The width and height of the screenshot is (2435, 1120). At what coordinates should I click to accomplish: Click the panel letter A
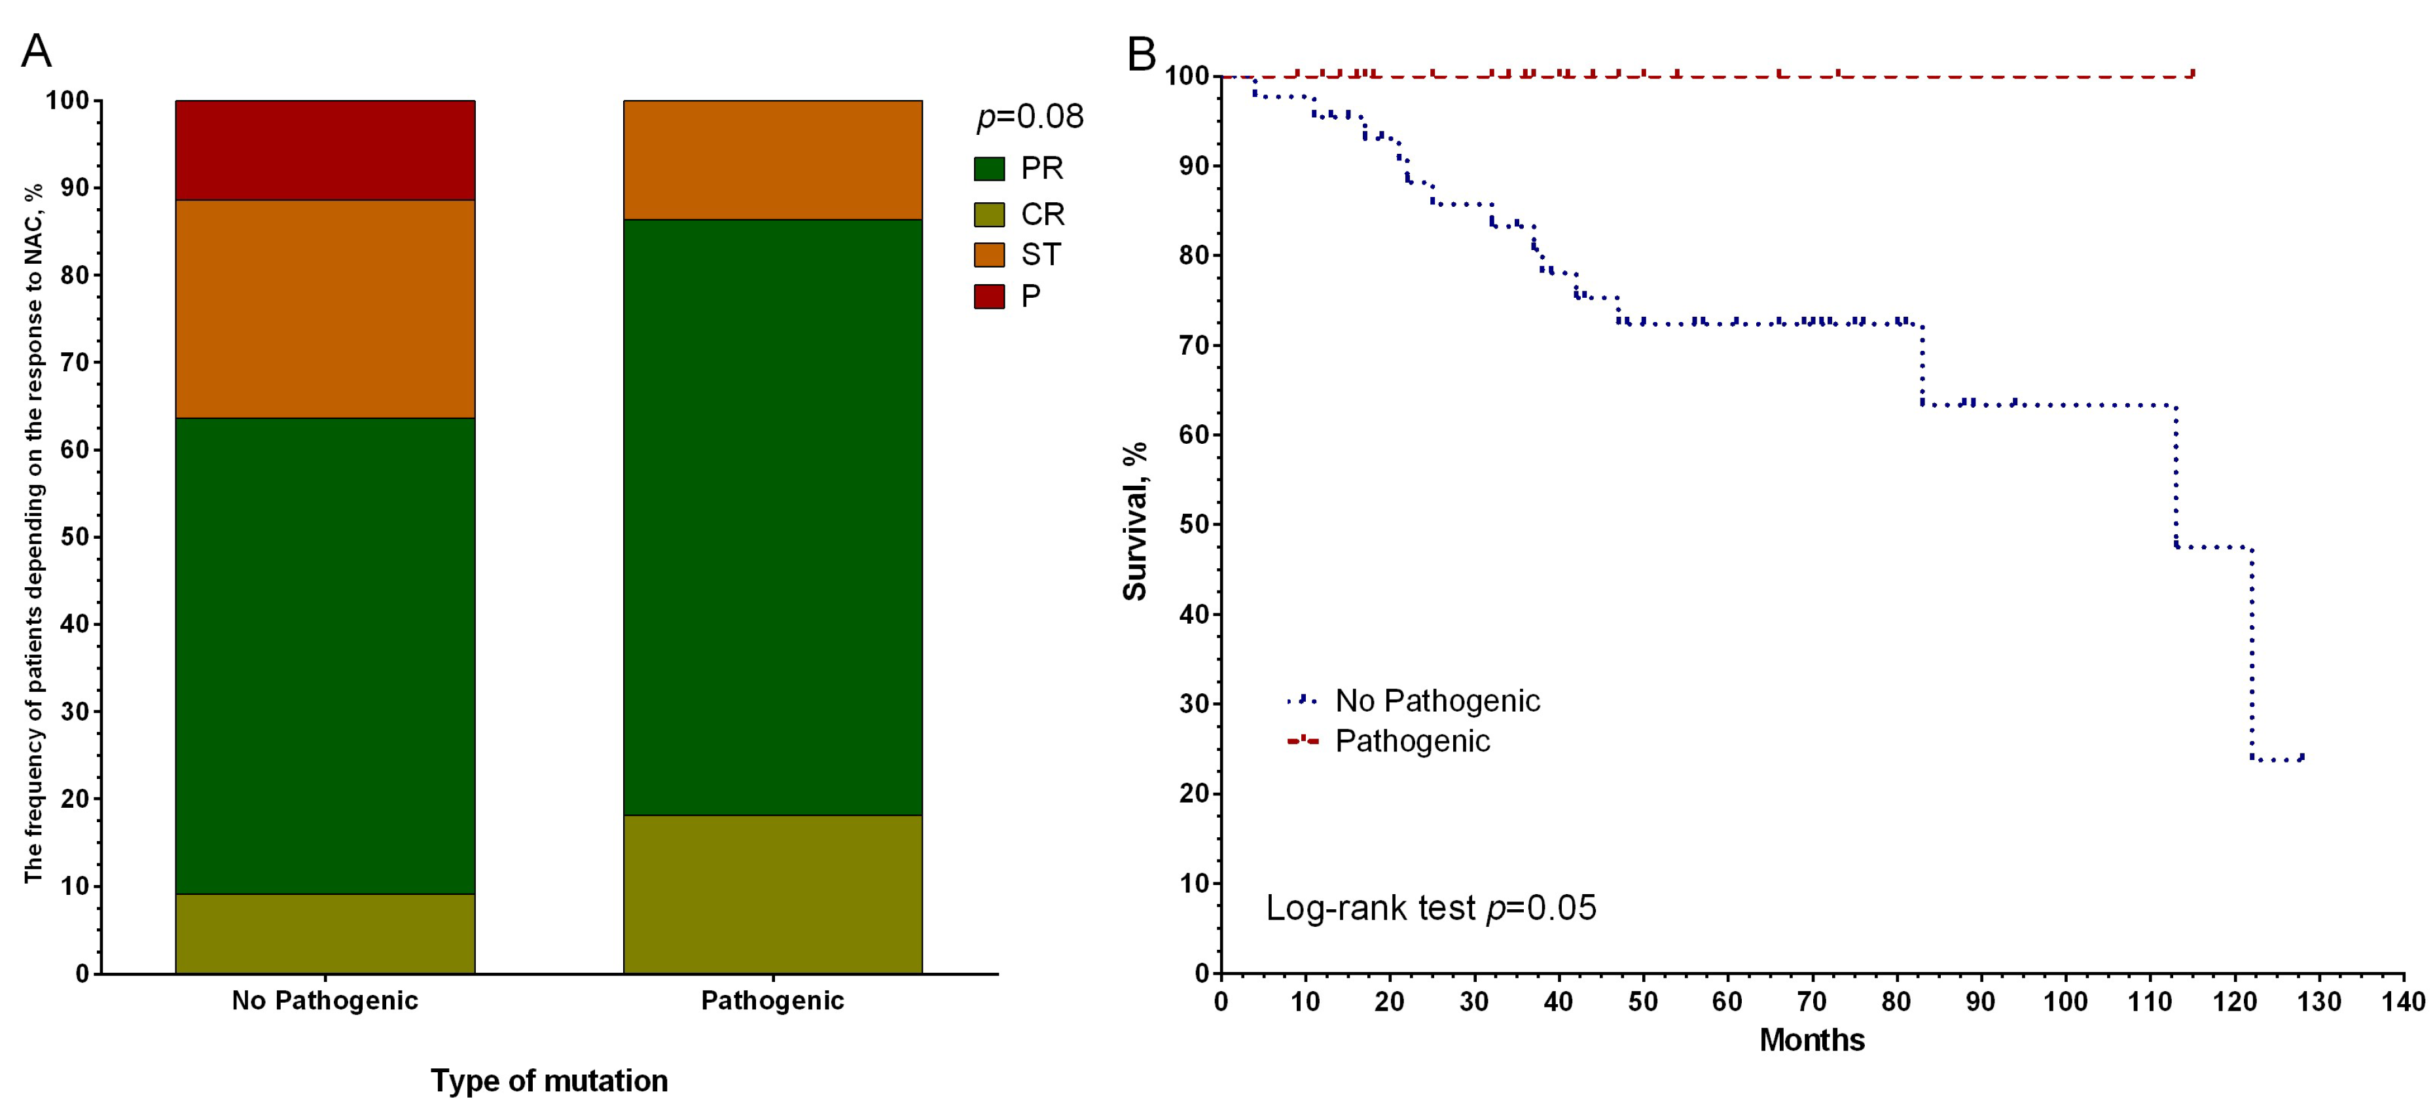[x=36, y=51]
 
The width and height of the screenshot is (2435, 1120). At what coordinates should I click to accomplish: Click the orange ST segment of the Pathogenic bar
[x=772, y=159]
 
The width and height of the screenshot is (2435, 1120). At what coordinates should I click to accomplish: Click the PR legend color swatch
[x=989, y=169]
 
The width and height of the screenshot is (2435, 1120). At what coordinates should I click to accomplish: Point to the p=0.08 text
[x=1030, y=117]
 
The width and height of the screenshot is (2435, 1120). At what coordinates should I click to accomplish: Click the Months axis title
[x=1811, y=1039]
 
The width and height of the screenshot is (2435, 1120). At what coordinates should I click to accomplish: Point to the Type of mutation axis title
[x=549, y=1080]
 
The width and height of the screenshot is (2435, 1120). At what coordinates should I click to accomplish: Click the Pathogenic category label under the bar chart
[x=772, y=1001]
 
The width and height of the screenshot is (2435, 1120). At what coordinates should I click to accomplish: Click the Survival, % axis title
[x=1135, y=521]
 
